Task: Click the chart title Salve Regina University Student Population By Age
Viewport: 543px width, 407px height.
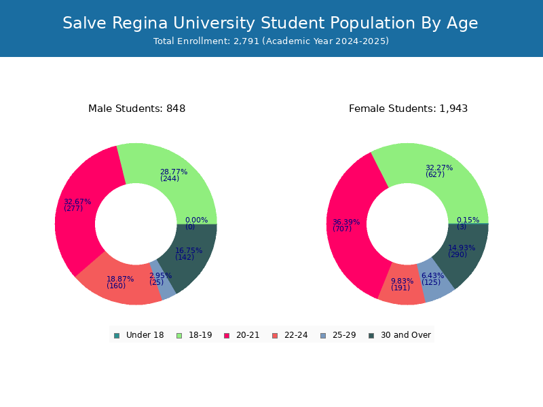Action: point(270,23)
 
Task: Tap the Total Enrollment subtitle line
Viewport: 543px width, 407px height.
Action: point(271,41)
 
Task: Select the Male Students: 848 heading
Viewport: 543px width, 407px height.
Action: point(137,109)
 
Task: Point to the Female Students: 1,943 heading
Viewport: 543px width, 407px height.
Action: point(409,109)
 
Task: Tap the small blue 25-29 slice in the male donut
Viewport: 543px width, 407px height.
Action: point(164,281)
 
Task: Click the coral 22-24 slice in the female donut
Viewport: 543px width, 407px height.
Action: point(402,284)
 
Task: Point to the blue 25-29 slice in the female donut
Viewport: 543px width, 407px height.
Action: point(434,279)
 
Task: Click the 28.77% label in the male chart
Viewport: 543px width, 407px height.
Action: point(174,172)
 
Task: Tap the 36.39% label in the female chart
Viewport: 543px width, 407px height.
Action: point(346,222)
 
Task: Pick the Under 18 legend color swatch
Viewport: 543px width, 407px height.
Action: point(117,336)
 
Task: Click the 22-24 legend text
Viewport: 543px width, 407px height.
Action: point(296,335)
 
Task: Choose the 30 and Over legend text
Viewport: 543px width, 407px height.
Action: point(406,335)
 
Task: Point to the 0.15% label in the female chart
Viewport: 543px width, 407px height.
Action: point(468,220)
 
